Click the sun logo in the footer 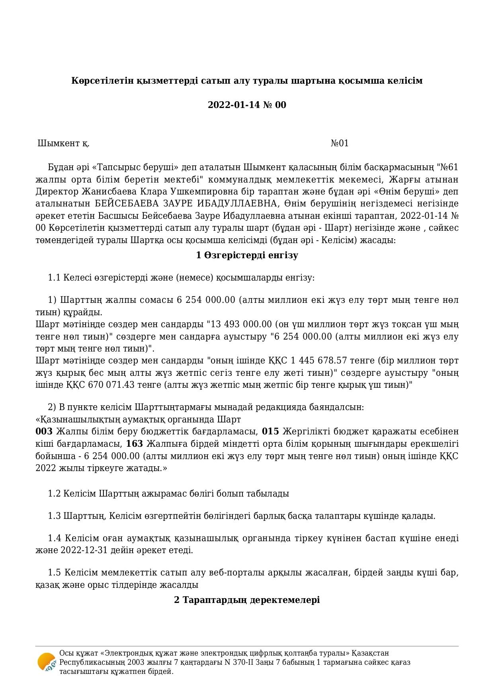pyautogui.click(x=47, y=662)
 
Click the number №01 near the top pyautogui.click(x=340, y=143)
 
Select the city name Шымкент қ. pyautogui.click(x=64, y=143)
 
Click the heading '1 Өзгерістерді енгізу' pyautogui.click(x=247, y=255)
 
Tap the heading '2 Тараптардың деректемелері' pyautogui.click(x=247, y=600)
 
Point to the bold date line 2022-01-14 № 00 pyautogui.click(x=247, y=105)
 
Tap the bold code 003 pyautogui.click(x=44, y=432)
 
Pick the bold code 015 pyautogui.click(x=270, y=432)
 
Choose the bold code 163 pyautogui.click(x=134, y=444)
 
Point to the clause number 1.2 pyautogui.click(x=54, y=494)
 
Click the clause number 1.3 pyautogui.click(x=54, y=516)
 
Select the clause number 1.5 pyautogui.click(x=55, y=573)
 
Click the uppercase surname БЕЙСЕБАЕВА pyautogui.click(x=127, y=204)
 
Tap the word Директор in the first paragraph pyautogui.click(x=57, y=192)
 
